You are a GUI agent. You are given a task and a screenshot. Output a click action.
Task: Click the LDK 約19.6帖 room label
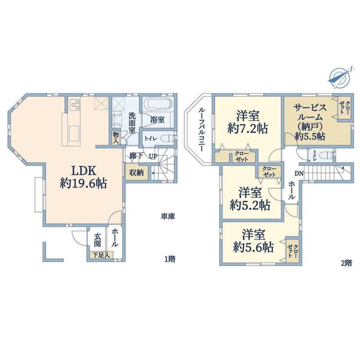[83, 177]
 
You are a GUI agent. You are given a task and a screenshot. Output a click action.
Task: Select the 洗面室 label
[132, 122]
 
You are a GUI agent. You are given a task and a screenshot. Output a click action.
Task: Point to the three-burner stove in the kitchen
[75, 104]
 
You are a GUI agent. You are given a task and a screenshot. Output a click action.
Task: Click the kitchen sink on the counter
[74, 133]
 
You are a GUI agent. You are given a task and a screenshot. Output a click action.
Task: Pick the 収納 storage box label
[137, 173]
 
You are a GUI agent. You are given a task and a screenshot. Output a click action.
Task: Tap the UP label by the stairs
[153, 157]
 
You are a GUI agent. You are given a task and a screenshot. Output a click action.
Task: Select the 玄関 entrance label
[97, 240]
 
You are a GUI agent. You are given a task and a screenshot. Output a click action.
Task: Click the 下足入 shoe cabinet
[101, 255]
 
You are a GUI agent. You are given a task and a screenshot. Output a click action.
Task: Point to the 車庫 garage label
[167, 216]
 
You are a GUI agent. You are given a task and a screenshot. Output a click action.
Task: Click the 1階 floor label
[170, 259]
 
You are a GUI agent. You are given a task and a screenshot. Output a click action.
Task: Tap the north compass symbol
[340, 77]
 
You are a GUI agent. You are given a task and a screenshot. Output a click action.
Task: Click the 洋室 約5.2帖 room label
[250, 199]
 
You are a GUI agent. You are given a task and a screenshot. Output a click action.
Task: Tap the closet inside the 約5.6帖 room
[293, 251]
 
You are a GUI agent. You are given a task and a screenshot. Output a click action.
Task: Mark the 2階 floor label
[346, 263]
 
